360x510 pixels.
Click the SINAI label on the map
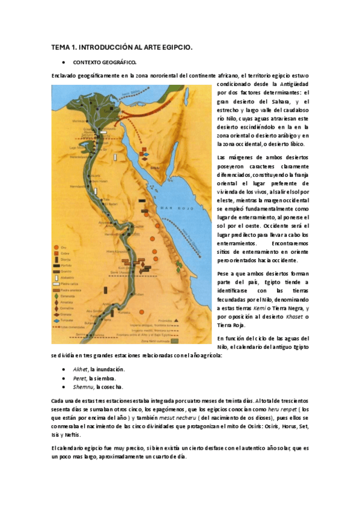click(153, 162)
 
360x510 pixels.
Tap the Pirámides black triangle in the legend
click(177, 321)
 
